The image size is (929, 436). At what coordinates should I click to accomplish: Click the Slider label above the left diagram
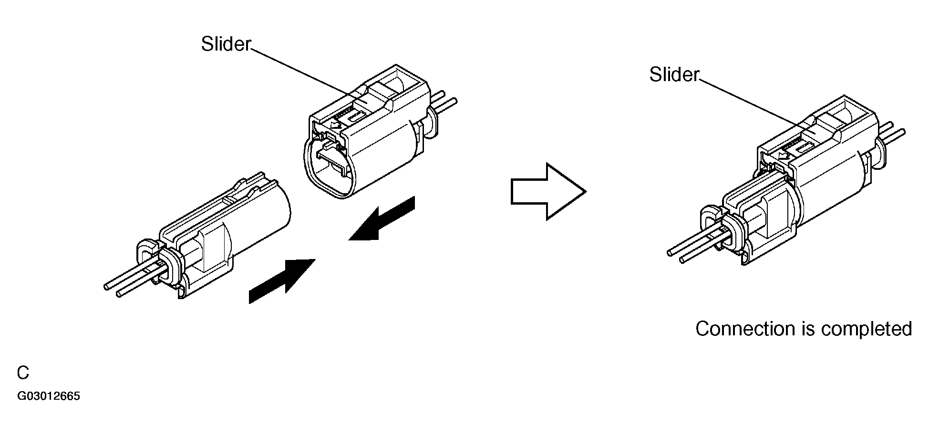226,44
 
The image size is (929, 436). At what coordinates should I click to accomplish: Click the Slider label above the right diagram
674,74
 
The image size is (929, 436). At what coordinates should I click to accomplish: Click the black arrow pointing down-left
382,219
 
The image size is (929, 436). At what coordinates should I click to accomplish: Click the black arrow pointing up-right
282,281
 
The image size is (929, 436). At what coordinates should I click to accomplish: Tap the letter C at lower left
23,373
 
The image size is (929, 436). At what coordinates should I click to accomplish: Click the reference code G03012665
49,396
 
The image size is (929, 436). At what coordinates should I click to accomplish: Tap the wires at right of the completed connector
892,132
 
